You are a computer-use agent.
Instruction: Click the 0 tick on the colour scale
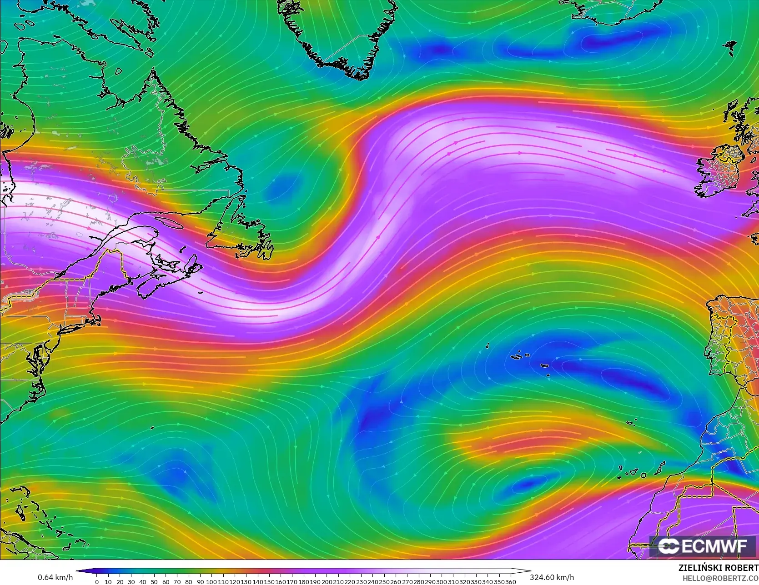coord(97,581)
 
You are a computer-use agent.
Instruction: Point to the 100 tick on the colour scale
coord(211,581)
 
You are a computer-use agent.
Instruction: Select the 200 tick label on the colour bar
coord(326,581)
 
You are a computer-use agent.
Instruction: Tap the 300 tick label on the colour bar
coord(441,581)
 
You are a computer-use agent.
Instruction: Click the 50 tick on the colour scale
coord(154,581)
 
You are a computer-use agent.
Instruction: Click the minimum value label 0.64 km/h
coord(55,577)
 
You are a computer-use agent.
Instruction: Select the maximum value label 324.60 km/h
coord(552,577)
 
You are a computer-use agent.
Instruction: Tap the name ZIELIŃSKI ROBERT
coord(718,568)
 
